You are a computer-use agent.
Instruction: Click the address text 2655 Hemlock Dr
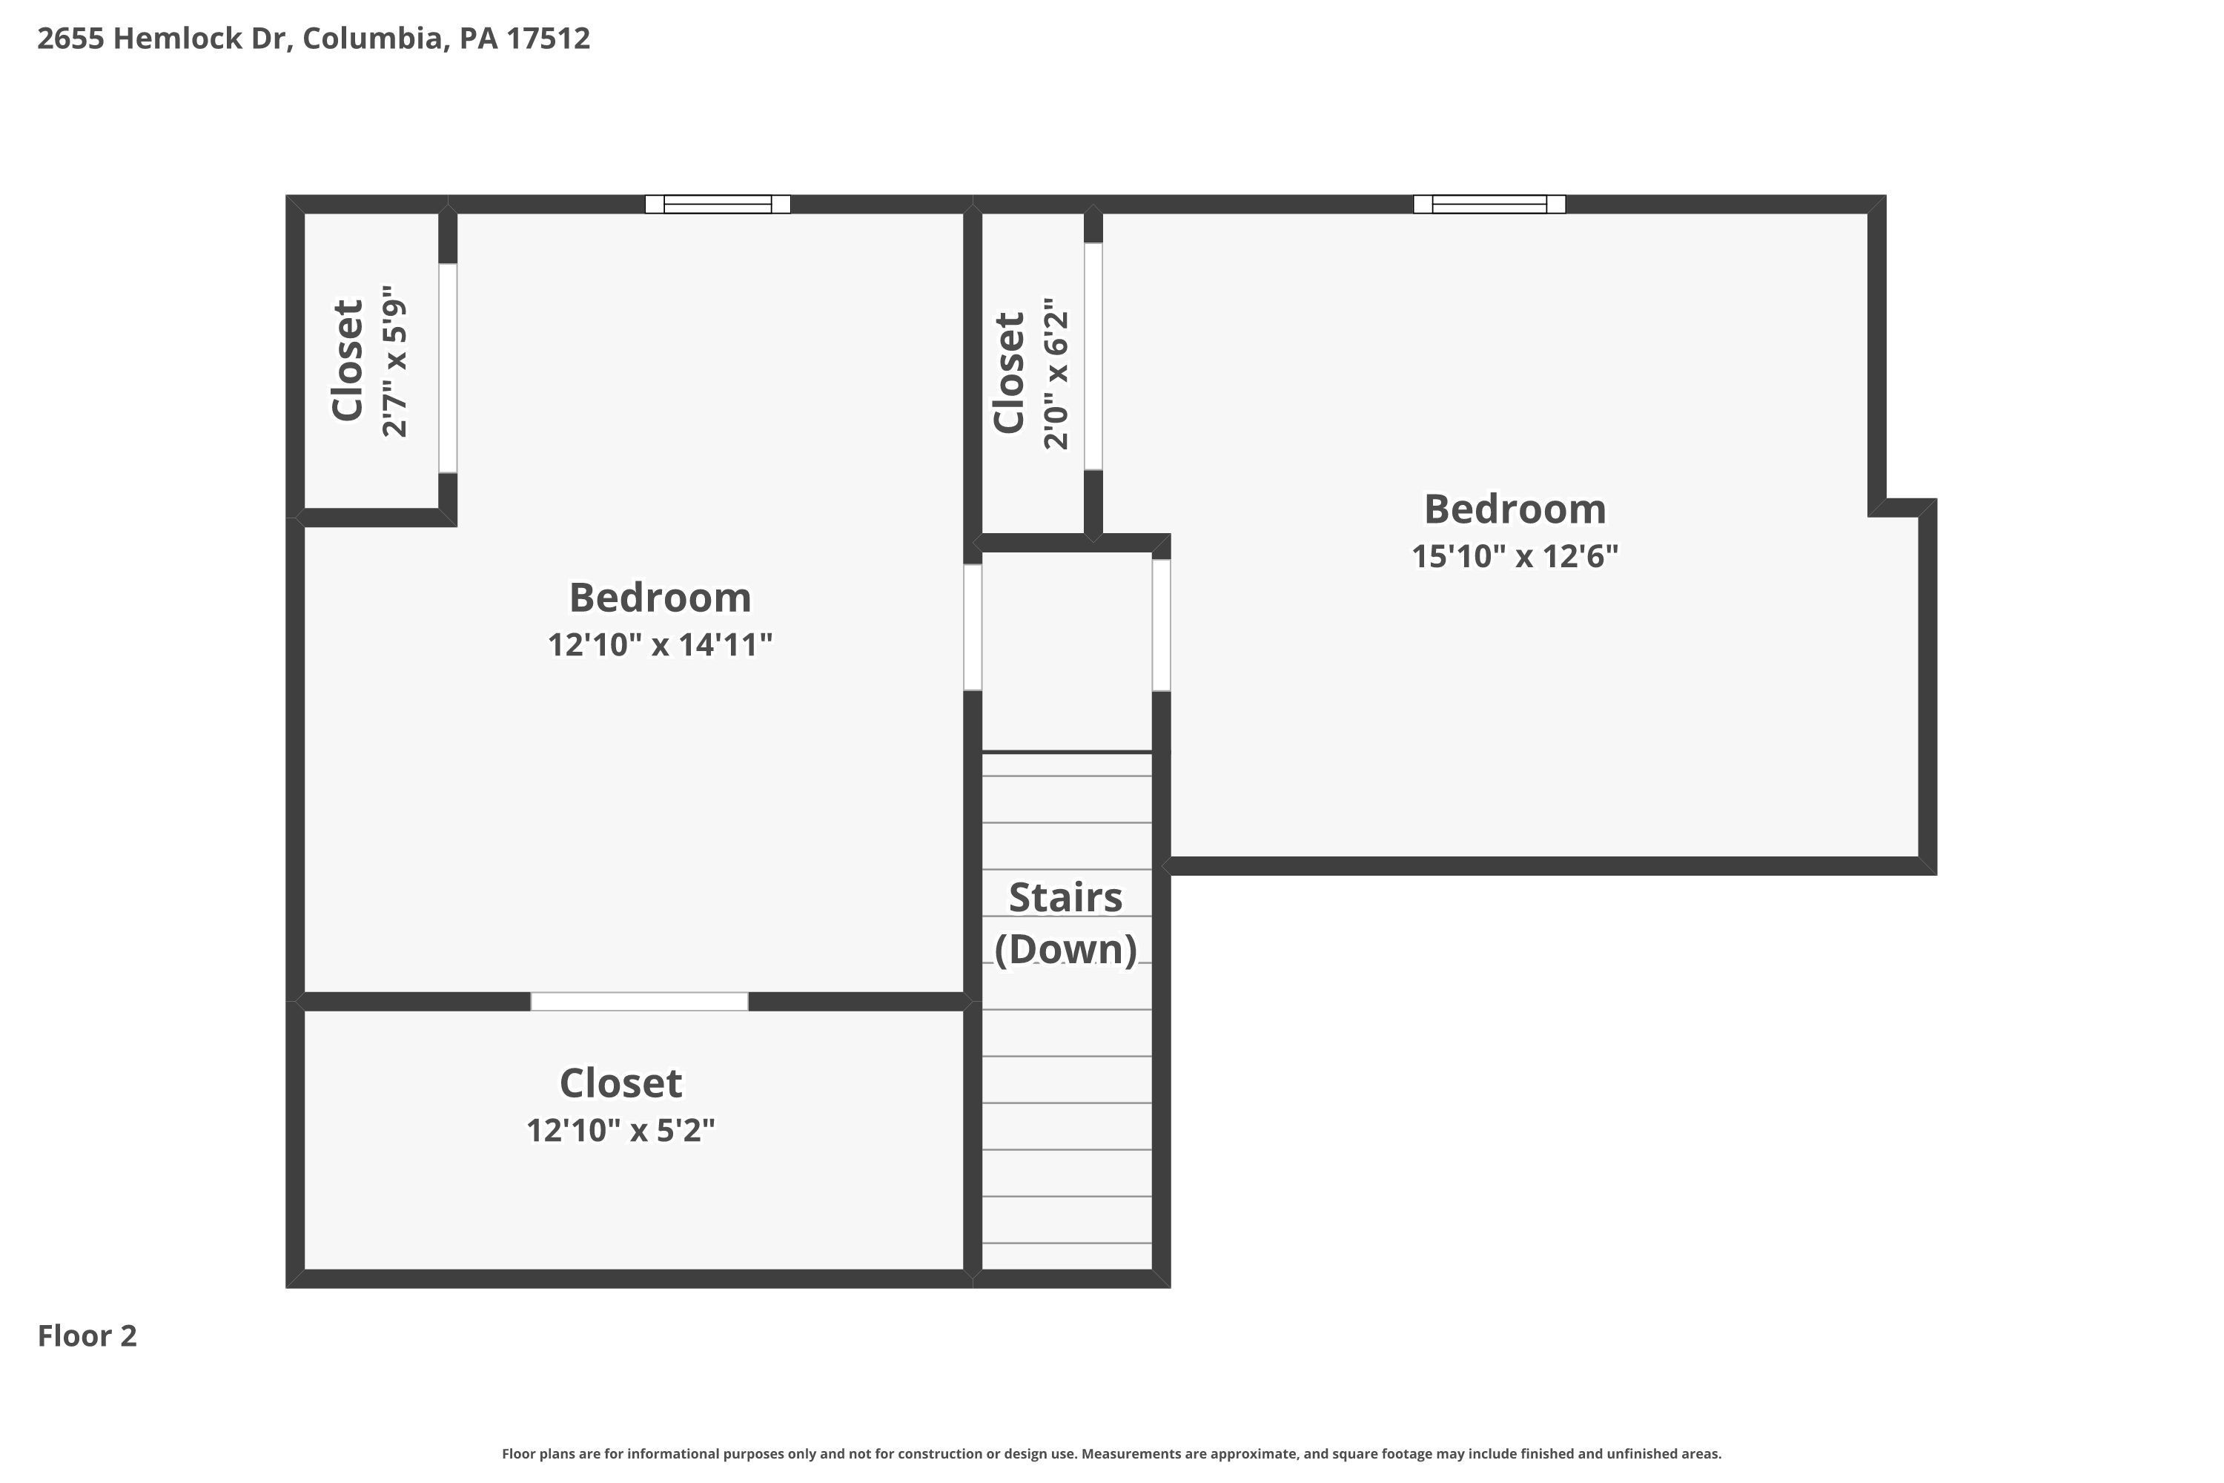[162, 39]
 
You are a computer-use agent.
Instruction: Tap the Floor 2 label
[87, 1335]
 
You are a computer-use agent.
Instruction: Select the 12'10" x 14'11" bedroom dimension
[660, 645]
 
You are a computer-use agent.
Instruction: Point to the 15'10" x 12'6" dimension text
[1515, 556]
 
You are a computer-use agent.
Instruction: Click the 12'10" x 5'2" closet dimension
[620, 1130]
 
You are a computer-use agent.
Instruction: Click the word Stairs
[1066, 897]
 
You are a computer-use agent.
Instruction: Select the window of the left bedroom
[718, 205]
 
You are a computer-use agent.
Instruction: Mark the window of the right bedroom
[1489, 205]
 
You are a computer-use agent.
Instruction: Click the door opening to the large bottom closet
[639, 1002]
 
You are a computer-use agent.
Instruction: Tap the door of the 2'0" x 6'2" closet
[1093, 357]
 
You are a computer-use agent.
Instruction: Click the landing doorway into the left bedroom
[973, 627]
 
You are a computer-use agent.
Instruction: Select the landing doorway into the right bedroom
[1161, 625]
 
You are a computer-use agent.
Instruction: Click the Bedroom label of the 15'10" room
[1515, 510]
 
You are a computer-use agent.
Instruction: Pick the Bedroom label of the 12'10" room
[660, 598]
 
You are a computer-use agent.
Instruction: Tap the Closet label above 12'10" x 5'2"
[620, 1084]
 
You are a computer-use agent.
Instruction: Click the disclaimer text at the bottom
[1112, 1453]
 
